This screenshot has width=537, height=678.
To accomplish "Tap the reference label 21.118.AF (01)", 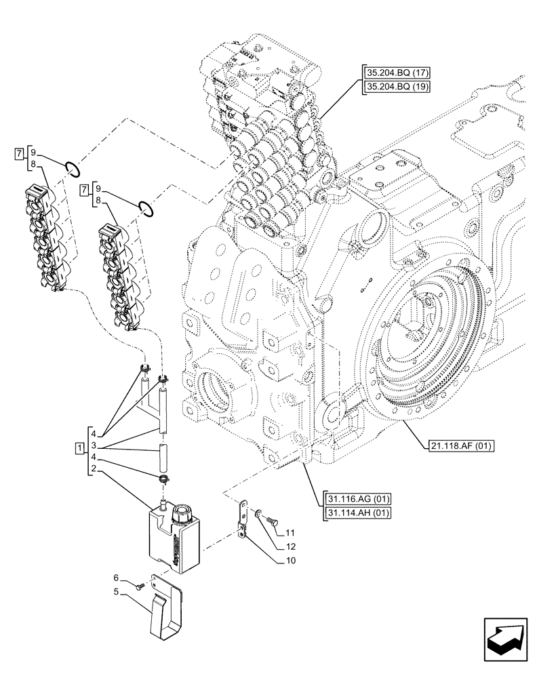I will (x=462, y=445).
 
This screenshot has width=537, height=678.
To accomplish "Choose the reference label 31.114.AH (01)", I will (x=357, y=512).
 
